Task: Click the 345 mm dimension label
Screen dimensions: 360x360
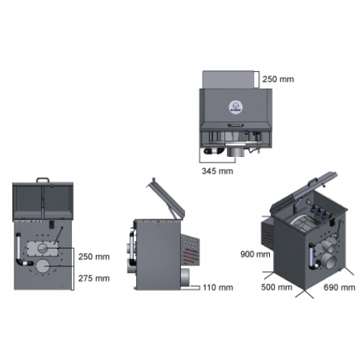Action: (217, 171)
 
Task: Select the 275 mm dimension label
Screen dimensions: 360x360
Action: (94, 279)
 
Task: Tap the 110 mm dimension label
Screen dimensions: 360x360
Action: (218, 287)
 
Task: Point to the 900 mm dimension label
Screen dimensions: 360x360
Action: (256, 254)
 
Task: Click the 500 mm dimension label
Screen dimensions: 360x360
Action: (276, 287)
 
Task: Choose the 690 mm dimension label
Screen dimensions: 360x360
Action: (339, 287)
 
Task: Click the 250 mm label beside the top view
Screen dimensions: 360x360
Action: (278, 79)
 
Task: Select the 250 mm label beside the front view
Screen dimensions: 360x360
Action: (94, 256)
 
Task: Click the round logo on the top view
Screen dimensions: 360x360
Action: (235, 107)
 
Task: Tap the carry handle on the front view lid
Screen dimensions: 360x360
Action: (42, 179)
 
